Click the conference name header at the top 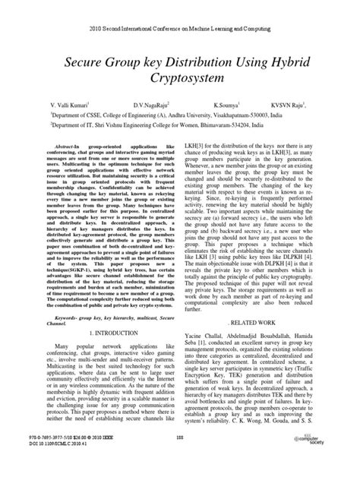(x=179, y=7)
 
